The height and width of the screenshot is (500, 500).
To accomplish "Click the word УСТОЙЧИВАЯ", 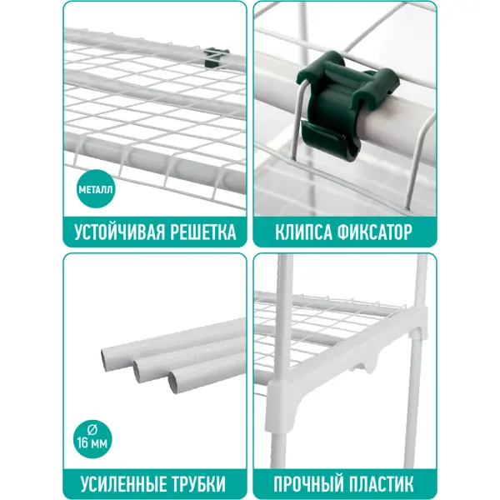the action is [x=120, y=232].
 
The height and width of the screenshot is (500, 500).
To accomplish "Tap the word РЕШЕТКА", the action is [x=203, y=232].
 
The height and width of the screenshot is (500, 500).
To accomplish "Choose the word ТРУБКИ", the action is [x=196, y=483].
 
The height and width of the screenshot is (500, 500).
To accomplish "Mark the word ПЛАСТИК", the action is [x=377, y=483].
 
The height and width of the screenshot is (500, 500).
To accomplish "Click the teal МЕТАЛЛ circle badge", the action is [x=96, y=189].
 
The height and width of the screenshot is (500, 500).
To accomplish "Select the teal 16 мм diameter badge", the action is [x=92, y=439].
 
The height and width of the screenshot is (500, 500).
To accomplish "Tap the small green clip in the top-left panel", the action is [x=216, y=57].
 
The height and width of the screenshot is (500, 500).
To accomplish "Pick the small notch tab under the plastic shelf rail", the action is [x=370, y=366].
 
